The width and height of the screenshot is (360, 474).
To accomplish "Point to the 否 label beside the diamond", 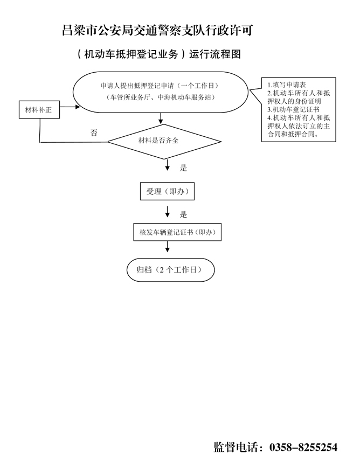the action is coord(94,133).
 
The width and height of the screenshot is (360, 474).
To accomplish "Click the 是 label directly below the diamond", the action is coord(184,168).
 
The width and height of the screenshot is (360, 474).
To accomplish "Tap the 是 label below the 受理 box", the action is coord(184,214).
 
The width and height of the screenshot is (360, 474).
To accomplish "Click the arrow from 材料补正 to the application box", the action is coord(70,107).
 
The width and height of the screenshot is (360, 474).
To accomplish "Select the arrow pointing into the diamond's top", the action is coord(161,118).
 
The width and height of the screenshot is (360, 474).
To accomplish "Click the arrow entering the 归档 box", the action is coord(167,247).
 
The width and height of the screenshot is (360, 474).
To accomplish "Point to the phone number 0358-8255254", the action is coord(303,447).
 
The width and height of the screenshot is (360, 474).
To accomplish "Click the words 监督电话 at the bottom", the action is coord(236,447).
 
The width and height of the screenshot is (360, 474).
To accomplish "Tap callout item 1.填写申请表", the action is coord(287,85).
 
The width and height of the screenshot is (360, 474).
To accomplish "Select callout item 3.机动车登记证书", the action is coord(294,109).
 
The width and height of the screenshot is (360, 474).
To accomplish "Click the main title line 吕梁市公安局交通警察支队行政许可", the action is coord(157,31).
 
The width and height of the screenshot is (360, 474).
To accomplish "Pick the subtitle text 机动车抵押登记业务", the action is coord(131,54).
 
